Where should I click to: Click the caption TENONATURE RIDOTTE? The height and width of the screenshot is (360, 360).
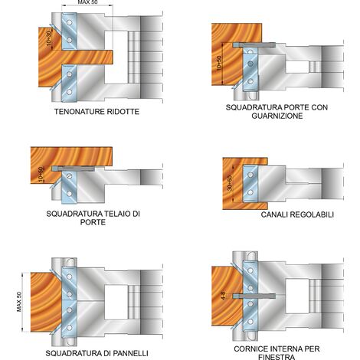[x=97, y=112]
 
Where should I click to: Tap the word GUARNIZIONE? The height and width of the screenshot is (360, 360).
[x=277, y=116]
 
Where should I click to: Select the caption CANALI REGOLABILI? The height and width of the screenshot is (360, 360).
[x=297, y=214]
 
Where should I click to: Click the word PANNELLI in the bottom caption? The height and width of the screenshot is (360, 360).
[x=130, y=353]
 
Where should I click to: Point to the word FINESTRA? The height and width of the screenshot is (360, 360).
[x=277, y=357]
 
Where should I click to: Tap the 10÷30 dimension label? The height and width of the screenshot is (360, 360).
[x=49, y=38]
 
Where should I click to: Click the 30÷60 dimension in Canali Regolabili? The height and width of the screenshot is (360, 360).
[x=230, y=183]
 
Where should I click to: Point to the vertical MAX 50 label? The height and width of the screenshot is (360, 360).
[x=19, y=302]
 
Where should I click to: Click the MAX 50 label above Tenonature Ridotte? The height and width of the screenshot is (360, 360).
[x=87, y=2]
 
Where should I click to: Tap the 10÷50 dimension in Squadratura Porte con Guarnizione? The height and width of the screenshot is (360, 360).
[x=219, y=63]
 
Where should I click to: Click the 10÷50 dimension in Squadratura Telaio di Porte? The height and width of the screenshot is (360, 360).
[x=41, y=175]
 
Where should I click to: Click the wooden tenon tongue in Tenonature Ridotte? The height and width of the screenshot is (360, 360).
[x=87, y=57]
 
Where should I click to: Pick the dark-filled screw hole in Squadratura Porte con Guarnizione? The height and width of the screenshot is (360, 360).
[x=250, y=64]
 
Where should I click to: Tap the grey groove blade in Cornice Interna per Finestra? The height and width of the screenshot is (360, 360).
[x=254, y=296]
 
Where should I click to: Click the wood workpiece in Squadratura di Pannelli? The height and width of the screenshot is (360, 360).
[x=46, y=302]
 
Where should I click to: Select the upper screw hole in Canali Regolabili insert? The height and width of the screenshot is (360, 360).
[x=250, y=175]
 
